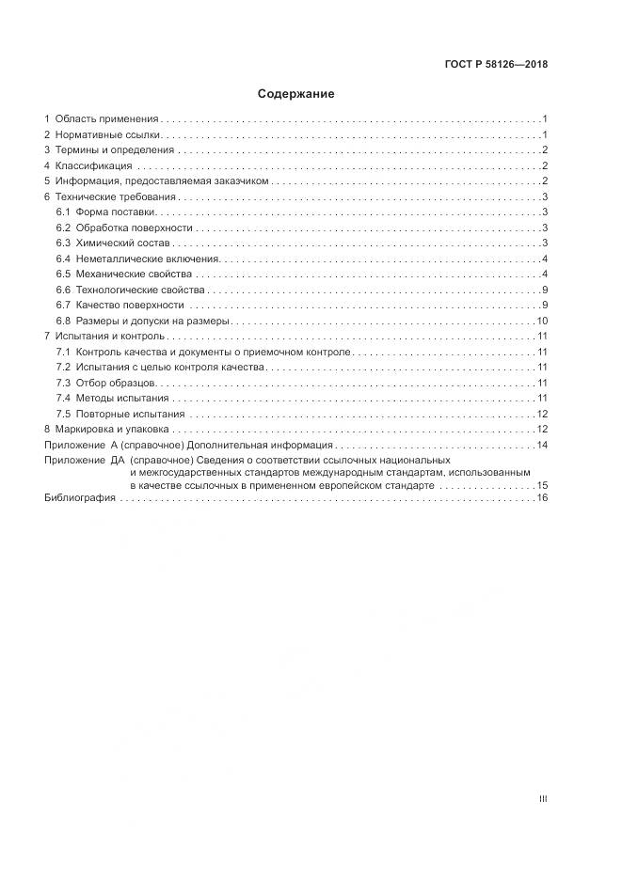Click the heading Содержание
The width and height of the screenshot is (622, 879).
tap(296, 94)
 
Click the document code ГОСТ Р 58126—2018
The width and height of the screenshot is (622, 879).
tap(495, 65)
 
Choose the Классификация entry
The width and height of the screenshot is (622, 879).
tap(94, 165)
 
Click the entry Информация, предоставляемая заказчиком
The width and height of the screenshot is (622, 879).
tap(162, 181)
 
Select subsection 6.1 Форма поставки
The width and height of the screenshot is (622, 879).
tap(113, 212)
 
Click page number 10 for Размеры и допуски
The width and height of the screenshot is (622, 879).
tap(542, 321)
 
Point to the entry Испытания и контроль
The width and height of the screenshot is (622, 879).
tap(110, 336)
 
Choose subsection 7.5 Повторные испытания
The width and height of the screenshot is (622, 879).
tap(126, 414)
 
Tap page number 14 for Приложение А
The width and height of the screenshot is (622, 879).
tap(542, 445)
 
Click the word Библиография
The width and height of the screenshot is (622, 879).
tap(79, 498)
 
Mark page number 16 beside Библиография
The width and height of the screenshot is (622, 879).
tap(542, 498)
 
